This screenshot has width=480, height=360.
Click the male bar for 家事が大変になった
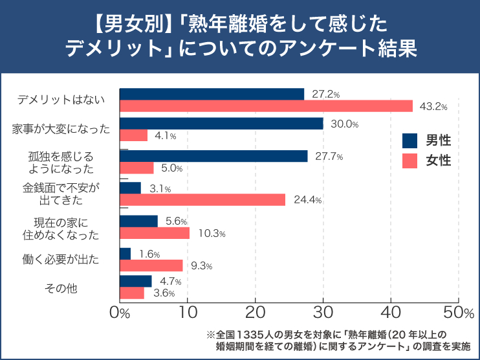point(221,124)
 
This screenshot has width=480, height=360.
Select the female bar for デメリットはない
point(266,106)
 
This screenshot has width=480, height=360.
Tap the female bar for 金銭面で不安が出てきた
point(202,200)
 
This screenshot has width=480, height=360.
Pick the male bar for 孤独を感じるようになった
point(214,156)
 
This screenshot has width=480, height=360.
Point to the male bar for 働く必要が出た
point(125,254)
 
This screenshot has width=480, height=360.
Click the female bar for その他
point(132,293)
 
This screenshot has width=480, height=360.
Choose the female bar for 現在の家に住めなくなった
point(155,233)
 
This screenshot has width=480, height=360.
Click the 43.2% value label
point(433,106)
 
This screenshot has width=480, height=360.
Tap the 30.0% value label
point(344,124)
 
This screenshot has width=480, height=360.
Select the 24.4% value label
point(307,200)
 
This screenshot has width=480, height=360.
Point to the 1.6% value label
point(149,254)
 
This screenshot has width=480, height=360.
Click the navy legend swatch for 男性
point(409,141)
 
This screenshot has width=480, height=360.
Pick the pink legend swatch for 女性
point(409,161)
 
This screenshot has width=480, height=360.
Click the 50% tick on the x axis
point(459,313)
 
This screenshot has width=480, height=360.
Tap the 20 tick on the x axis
point(256,313)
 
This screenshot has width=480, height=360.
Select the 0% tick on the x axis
point(120,313)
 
